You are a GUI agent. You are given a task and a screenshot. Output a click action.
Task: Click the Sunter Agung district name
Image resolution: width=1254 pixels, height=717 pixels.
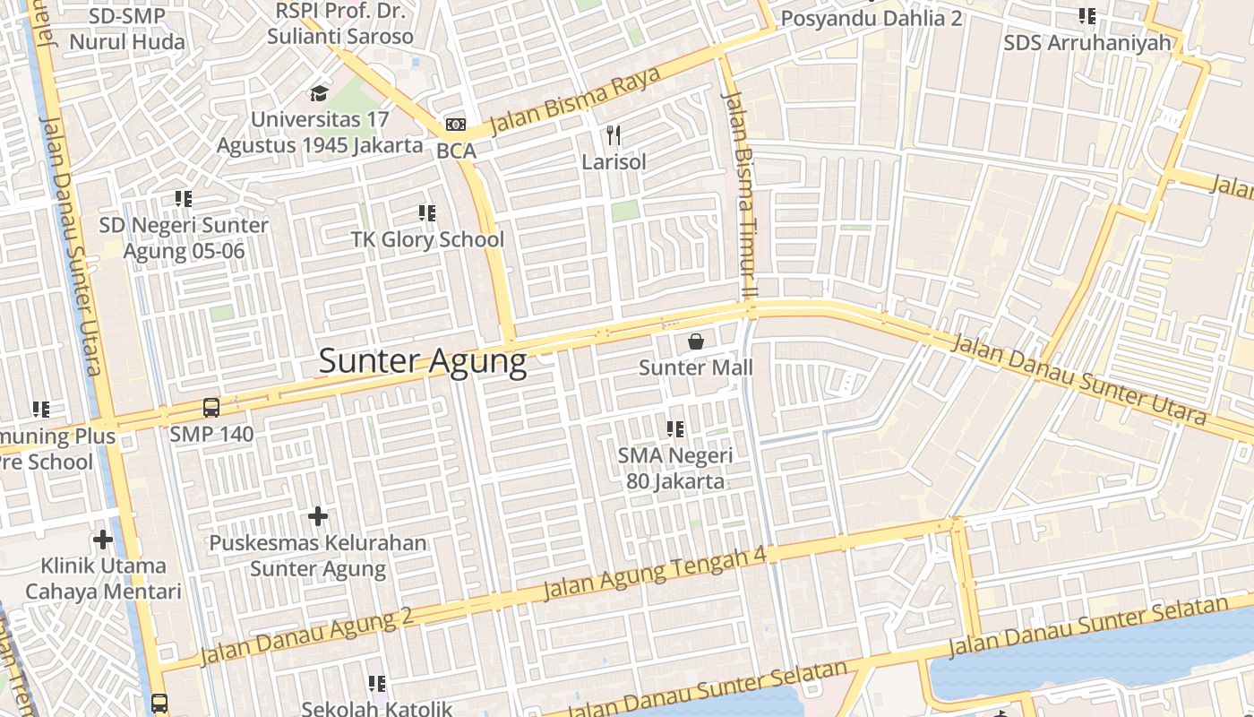pyautogui.click(x=423, y=361)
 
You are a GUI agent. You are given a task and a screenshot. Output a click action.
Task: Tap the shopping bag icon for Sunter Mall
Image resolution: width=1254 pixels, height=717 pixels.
pyautogui.click(x=696, y=341)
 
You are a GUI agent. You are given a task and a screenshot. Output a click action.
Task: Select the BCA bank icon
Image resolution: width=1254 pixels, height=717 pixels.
pyautogui.click(x=456, y=125)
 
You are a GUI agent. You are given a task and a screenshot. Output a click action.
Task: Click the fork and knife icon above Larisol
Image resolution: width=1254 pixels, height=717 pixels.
pyautogui.click(x=614, y=135)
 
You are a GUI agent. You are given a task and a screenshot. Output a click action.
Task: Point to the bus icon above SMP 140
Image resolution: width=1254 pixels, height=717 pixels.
pyautogui.click(x=211, y=408)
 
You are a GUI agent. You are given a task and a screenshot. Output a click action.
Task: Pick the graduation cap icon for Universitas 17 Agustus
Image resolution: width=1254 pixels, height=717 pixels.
pyautogui.click(x=319, y=93)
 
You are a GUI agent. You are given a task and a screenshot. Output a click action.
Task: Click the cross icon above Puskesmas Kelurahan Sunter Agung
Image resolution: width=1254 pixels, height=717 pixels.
pyautogui.click(x=318, y=516)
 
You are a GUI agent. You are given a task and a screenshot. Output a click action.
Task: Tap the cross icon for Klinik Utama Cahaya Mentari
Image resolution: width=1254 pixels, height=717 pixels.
pyautogui.click(x=103, y=540)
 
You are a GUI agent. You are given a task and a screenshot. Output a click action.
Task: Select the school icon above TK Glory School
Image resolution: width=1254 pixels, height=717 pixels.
pyautogui.click(x=427, y=213)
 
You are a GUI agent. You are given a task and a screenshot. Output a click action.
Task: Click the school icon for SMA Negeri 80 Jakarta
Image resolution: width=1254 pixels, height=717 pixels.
pyautogui.click(x=675, y=429)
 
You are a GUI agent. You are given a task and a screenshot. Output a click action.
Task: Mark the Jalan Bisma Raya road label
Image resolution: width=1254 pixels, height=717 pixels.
pyautogui.click(x=575, y=100)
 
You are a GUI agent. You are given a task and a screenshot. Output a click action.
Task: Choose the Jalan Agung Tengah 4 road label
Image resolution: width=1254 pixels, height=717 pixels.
pyautogui.click(x=655, y=574)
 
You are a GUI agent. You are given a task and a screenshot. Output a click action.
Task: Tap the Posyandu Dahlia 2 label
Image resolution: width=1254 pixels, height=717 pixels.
pyautogui.click(x=871, y=18)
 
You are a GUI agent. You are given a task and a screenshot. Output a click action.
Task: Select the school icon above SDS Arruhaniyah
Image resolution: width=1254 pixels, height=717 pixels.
pyautogui.click(x=1087, y=15)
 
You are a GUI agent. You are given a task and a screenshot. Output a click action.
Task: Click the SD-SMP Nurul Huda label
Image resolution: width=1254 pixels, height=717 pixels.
pyautogui.click(x=127, y=29)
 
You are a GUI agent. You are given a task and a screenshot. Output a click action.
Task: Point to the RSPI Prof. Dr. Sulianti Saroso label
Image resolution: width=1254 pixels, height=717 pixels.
pyautogui.click(x=340, y=24)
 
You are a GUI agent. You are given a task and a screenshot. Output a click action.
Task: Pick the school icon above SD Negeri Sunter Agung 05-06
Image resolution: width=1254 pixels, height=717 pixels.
pyautogui.click(x=184, y=198)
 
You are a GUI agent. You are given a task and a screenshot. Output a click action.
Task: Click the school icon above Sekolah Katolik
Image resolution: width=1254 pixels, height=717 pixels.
pyautogui.click(x=377, y=684)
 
